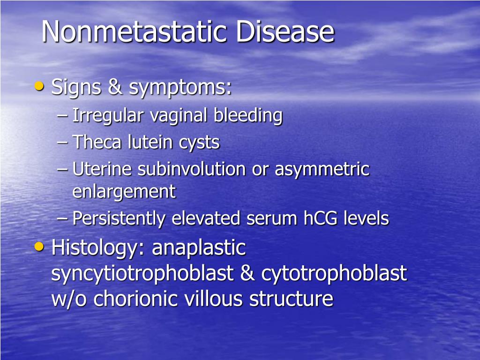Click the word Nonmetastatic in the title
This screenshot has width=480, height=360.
(x=134, y=31)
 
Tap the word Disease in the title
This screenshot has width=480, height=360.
(x=285, y=31)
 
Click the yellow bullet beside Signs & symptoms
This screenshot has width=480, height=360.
(x=39, y=86)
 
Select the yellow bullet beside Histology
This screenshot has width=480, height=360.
(x=39, y=246)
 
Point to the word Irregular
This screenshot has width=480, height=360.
(x=108, y=116)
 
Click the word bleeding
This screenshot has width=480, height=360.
(x=248, y=116)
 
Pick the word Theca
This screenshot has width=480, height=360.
(x=97, y=142)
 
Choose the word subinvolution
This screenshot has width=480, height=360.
(x=192, y=169)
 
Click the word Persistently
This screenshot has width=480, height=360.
(x=119, y=219)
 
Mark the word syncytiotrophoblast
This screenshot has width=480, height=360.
(x=142, y=274)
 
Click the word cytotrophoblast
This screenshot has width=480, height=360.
(x=334, y=274)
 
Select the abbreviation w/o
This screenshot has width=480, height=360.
(x=69, y=299)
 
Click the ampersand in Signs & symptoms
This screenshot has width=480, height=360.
(x=115, y=87)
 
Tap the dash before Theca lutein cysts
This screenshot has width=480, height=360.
(x=62, y=142)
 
